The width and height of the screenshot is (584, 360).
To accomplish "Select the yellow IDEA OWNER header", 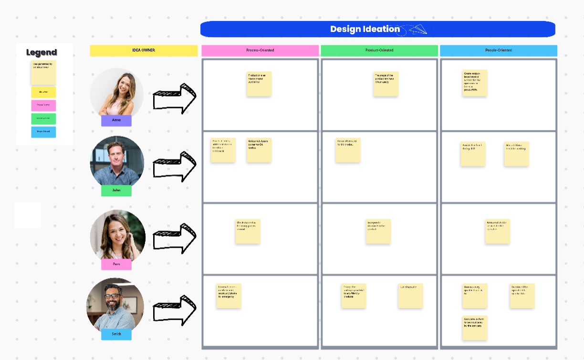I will point(144,51).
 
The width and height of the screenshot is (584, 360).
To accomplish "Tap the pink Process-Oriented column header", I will point(260,51).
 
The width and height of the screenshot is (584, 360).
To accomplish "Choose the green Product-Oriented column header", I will point(379,51).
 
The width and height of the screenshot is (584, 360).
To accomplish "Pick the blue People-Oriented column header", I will point(499,51).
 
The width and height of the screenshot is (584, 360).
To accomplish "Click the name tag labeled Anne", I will point(116,120).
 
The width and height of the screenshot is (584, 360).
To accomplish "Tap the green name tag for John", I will point(116,191).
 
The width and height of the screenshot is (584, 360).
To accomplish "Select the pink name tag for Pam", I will point(116,264).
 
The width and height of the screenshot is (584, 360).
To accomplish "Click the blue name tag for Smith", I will point(116,334).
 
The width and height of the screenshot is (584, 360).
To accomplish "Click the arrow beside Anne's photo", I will point(175,99).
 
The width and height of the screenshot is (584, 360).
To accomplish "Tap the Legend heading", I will point(42,53).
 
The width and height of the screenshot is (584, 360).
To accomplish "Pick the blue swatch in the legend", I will point(43,132).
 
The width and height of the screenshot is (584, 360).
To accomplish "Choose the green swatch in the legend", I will point(43,118).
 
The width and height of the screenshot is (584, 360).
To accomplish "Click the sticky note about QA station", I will point(259,150).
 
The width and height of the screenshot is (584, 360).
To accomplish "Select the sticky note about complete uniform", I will point(475,328).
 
